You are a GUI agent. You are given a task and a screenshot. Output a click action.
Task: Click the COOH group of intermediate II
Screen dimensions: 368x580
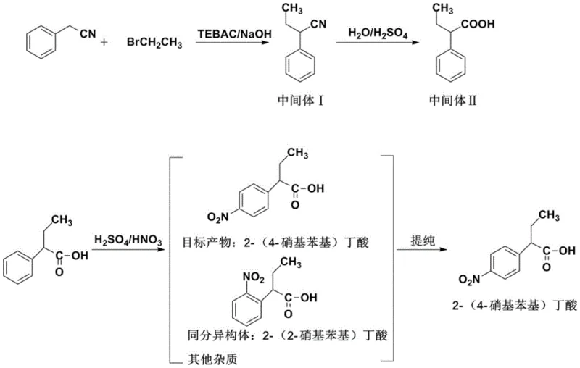[x=480, y=25]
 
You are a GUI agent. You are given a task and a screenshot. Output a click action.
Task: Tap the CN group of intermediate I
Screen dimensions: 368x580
[x=317, y=25]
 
